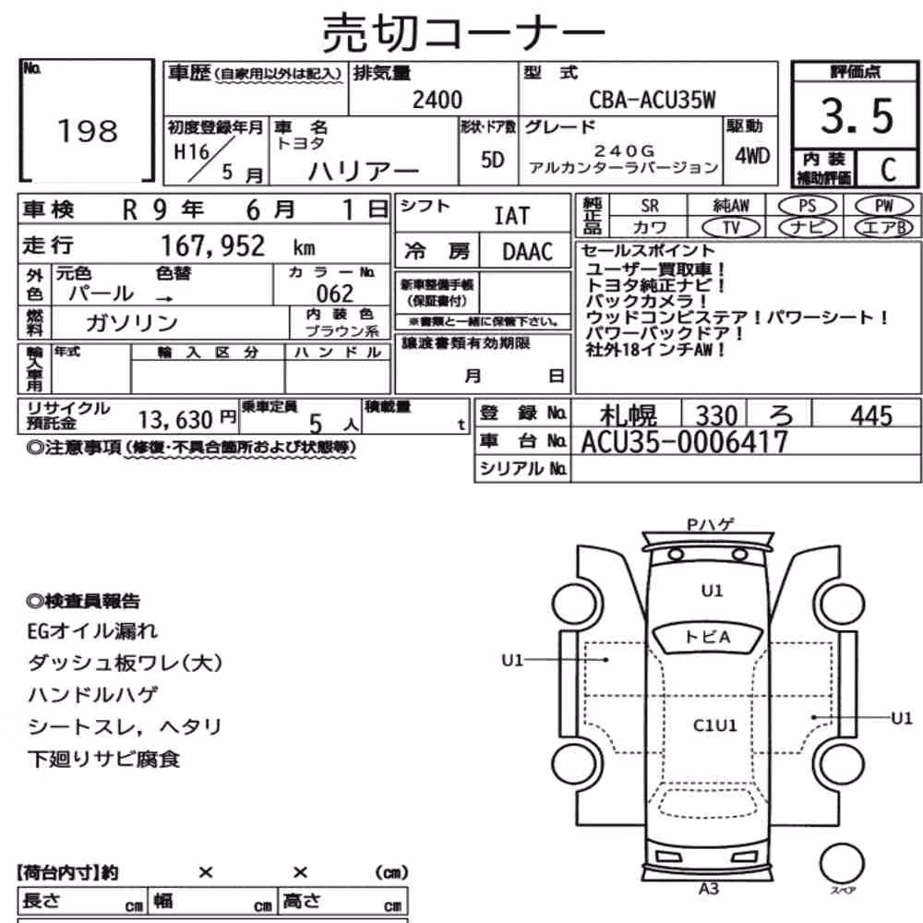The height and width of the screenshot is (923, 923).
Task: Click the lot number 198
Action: pos(88,131)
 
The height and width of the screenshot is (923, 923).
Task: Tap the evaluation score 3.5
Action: pos(857,115)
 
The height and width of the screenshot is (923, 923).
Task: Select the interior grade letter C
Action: pos(888,170)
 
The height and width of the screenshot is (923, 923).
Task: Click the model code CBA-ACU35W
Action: pos(653,100)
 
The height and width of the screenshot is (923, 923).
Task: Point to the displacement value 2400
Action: pos(438,100)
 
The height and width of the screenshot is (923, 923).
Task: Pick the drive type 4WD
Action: pos(752,156)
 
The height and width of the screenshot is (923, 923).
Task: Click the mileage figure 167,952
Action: pos(213,246)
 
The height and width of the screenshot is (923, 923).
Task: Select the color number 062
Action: pos(334,294)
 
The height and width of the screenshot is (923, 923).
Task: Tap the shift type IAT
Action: pos(511,216)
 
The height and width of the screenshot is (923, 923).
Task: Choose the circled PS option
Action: pos(807,206)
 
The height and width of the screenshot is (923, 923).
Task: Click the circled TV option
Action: pos(731,227)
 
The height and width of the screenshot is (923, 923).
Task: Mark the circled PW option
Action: pos(884,206)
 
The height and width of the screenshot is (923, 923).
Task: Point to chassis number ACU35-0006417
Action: pos(685,441)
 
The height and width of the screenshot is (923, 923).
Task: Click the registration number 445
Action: pos(871,415)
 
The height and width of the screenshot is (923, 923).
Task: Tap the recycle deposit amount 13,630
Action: pos(175,420)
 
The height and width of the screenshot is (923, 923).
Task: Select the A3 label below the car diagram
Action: pos(709,888)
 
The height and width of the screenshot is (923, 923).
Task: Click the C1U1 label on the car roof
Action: pos(714,725)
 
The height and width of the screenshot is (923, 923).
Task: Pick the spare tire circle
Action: pos(842,864)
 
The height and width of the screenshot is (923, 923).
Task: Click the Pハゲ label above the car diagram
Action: pos(711,524)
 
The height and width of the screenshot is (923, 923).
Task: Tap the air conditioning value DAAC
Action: pos(527,252)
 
